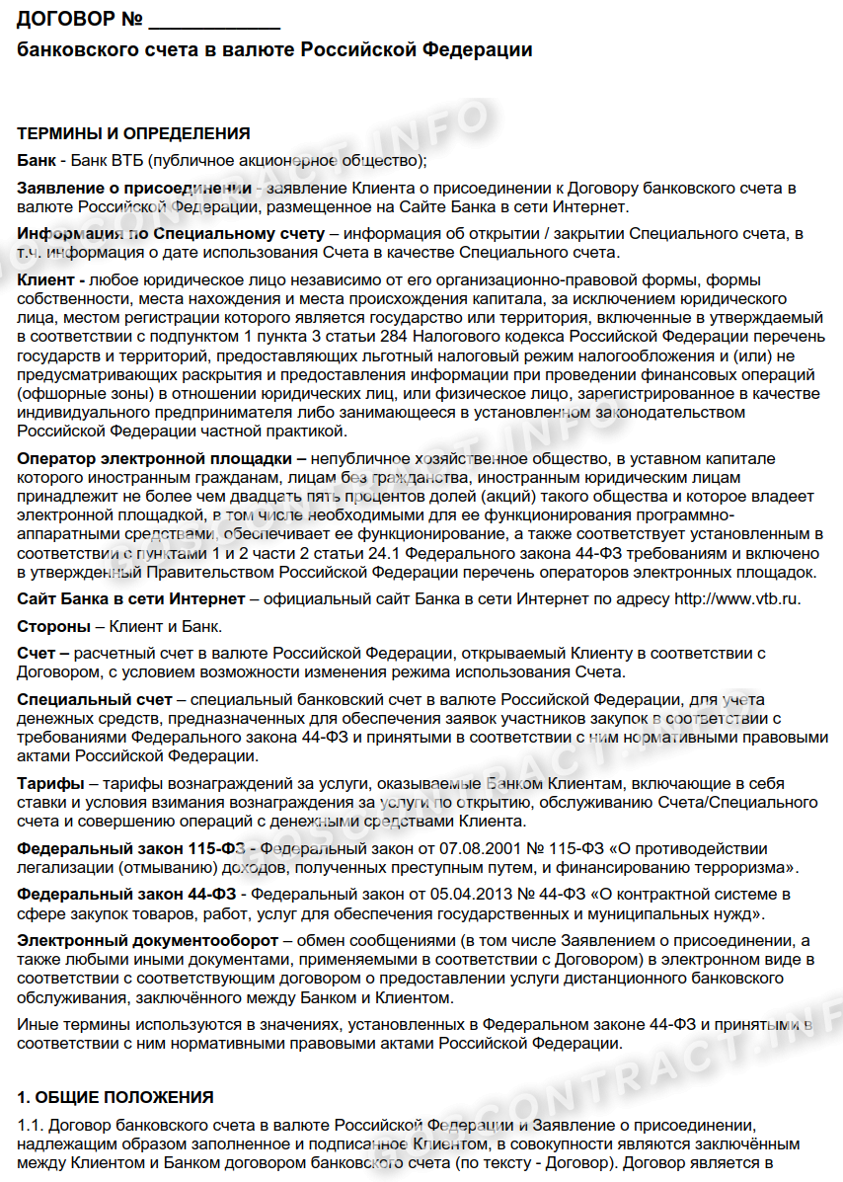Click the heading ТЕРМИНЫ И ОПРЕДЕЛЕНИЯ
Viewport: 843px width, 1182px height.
133,134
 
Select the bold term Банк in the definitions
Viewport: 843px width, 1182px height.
36,161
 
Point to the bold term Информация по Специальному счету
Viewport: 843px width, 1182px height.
171,234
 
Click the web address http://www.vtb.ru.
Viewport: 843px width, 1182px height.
736,598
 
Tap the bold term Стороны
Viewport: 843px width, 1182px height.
54,626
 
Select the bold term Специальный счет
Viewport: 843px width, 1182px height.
94,699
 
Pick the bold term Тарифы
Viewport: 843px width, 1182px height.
50,784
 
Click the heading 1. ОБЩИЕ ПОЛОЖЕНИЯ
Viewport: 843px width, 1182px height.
115,1097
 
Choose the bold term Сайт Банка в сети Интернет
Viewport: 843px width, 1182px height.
131,598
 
